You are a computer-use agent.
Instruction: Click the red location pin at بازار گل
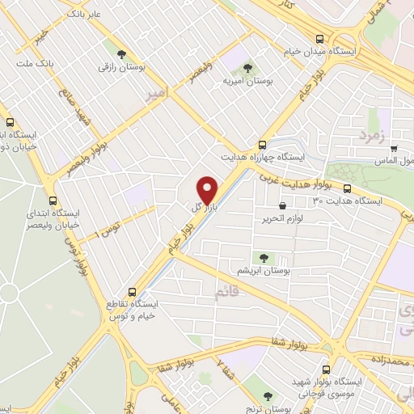[208, 189]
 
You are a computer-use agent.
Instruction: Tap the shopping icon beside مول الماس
[394, 148]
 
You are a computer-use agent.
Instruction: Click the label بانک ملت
[35, 62]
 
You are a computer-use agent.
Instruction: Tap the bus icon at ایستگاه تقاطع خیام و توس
[131, 292]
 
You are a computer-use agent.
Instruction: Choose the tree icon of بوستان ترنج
[267, 396]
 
